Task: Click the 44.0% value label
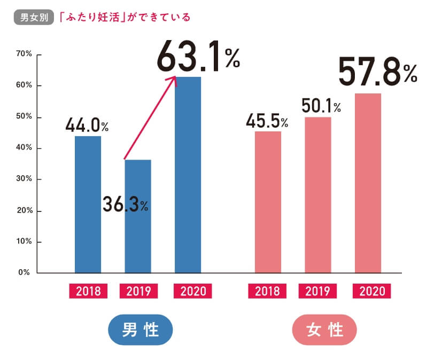coord(87,126)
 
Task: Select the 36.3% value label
coord(126,205)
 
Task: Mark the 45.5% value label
coord(267,121)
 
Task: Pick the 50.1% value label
coord(321,106)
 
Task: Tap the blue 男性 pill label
coord(141,330)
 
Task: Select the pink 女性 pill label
coord(324,330)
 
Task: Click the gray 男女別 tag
coord(33,17)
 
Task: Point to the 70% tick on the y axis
coord(25,54)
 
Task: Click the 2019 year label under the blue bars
coord(138,291)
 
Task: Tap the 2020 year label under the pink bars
coord(372,291)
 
